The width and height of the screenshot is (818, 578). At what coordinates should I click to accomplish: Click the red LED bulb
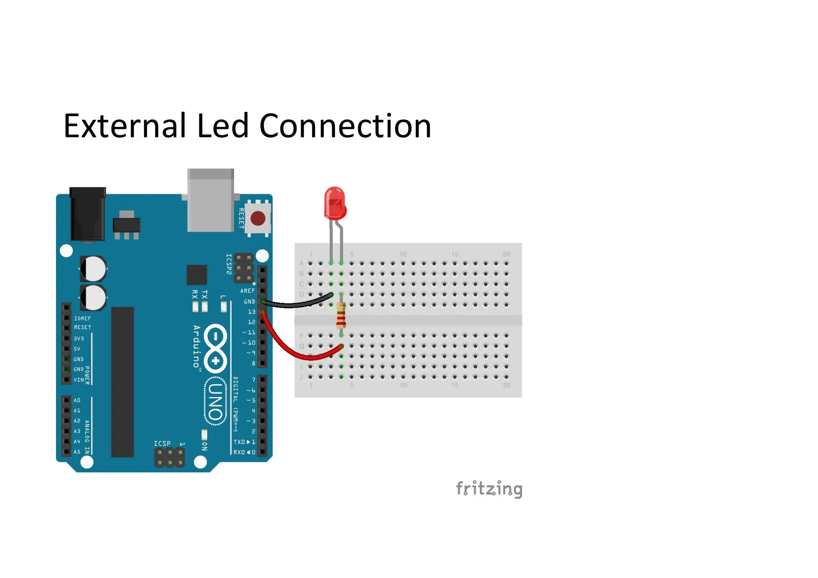click(x=335, y=204)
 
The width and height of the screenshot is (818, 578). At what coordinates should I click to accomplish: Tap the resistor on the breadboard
click(x=341, y=315)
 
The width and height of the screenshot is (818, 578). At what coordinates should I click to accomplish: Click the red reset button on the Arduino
click(x=258, y=218)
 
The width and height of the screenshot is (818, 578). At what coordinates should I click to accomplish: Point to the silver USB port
click(x=210, y=200)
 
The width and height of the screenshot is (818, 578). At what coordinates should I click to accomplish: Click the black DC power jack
click(x=88, y=214)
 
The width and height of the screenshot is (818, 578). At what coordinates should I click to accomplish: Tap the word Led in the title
click(x=223, y=126)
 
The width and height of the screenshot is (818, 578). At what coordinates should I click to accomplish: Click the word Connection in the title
click(x=345, y=126)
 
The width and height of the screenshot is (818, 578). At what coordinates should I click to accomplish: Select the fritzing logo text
click(x=489, y=489)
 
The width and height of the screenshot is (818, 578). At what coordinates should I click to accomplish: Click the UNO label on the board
click(x=215, y=401)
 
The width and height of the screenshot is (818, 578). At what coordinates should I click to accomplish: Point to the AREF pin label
click(x=247, y=291)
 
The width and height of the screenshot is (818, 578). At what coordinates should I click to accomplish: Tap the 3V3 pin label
click(x=79, y=338)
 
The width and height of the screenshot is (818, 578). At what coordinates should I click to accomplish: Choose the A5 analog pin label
click(x=77, y=452)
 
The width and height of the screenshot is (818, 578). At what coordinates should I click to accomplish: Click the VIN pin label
click(x=79, y=380)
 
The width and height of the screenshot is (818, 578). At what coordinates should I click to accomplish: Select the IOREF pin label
click(x=82, y=319)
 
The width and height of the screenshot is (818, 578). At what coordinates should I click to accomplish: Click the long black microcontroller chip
click(x=122, y=382)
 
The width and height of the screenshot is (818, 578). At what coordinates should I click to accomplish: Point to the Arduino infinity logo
click(x=215, y=347)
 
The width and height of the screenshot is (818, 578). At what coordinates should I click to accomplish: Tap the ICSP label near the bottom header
click(x=162, y=443)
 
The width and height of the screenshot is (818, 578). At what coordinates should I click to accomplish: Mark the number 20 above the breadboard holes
click(x=506, y=254)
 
